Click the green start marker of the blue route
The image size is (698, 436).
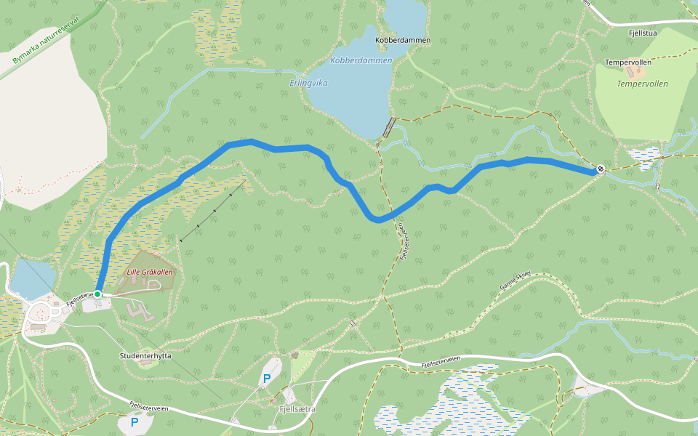click(97, 294)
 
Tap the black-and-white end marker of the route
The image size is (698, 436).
click(601, 169)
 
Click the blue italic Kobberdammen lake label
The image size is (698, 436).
click(361, 60)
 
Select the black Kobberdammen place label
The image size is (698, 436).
click(403, 40)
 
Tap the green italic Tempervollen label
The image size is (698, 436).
click(642, 84)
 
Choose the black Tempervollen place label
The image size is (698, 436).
click(627, 62)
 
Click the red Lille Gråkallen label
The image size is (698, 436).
click(150, 272)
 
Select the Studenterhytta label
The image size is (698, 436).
click(145, 356)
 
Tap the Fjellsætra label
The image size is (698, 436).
click(297, 409)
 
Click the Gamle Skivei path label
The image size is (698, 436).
click(516, 280)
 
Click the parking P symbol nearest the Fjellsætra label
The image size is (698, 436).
click(267, 379)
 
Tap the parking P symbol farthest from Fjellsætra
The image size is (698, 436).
click(134, 421)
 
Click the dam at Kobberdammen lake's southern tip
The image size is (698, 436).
click(389, 128)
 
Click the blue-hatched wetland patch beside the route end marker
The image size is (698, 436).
click(643, 156)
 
